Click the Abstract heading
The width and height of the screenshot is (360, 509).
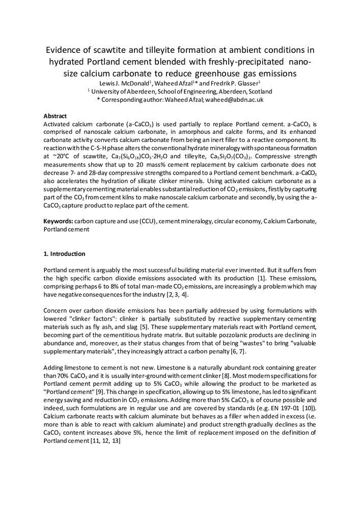56,116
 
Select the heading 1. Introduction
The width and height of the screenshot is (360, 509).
65,253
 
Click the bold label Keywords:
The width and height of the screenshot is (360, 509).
58,222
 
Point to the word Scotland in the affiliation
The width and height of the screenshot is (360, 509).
259,92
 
